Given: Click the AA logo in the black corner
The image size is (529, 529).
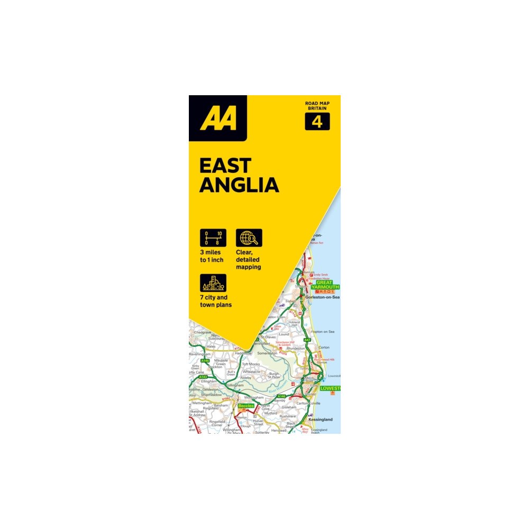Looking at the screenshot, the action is (217, 118).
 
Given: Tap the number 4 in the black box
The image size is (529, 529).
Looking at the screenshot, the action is (317, 122).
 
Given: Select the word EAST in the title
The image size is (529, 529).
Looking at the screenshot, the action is (225, 165).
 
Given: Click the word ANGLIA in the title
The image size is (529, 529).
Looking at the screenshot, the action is (239, 185).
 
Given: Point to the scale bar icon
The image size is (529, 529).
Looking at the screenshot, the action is (213, 238).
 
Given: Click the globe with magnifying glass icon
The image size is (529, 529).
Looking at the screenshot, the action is (249, 238).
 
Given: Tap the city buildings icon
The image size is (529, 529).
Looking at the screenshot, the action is (213, 284).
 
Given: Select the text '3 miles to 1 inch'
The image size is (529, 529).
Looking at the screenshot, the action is (212, 256).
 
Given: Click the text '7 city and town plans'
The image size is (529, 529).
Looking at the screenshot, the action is (216, 301).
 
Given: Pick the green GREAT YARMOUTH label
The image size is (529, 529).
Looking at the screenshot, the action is (324, 286).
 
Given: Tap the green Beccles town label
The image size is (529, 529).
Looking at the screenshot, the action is (246, 406).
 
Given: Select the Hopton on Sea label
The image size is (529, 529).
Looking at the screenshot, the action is (323, 331).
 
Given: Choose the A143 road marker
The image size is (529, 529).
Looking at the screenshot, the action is (203, 377).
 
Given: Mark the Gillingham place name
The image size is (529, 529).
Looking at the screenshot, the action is (234, 385).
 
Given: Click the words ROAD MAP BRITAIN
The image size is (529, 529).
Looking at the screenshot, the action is (317, 105).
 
